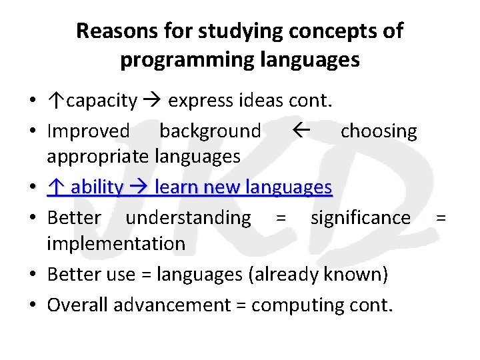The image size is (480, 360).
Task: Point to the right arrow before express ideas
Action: (153, 101)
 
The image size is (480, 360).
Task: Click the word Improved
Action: (88, 131)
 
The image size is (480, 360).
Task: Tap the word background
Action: (210, 131)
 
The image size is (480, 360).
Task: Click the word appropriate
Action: (98, 157)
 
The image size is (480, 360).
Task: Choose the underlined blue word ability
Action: (97, 187)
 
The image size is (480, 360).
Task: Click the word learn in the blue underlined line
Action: (176, 187)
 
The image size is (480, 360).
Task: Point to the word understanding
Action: (188, 217)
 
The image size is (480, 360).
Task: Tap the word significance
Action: (361, 217)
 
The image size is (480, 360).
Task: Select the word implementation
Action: (116, 243)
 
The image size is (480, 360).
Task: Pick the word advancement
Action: (171, 305)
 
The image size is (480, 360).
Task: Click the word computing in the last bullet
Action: (297, 305)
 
